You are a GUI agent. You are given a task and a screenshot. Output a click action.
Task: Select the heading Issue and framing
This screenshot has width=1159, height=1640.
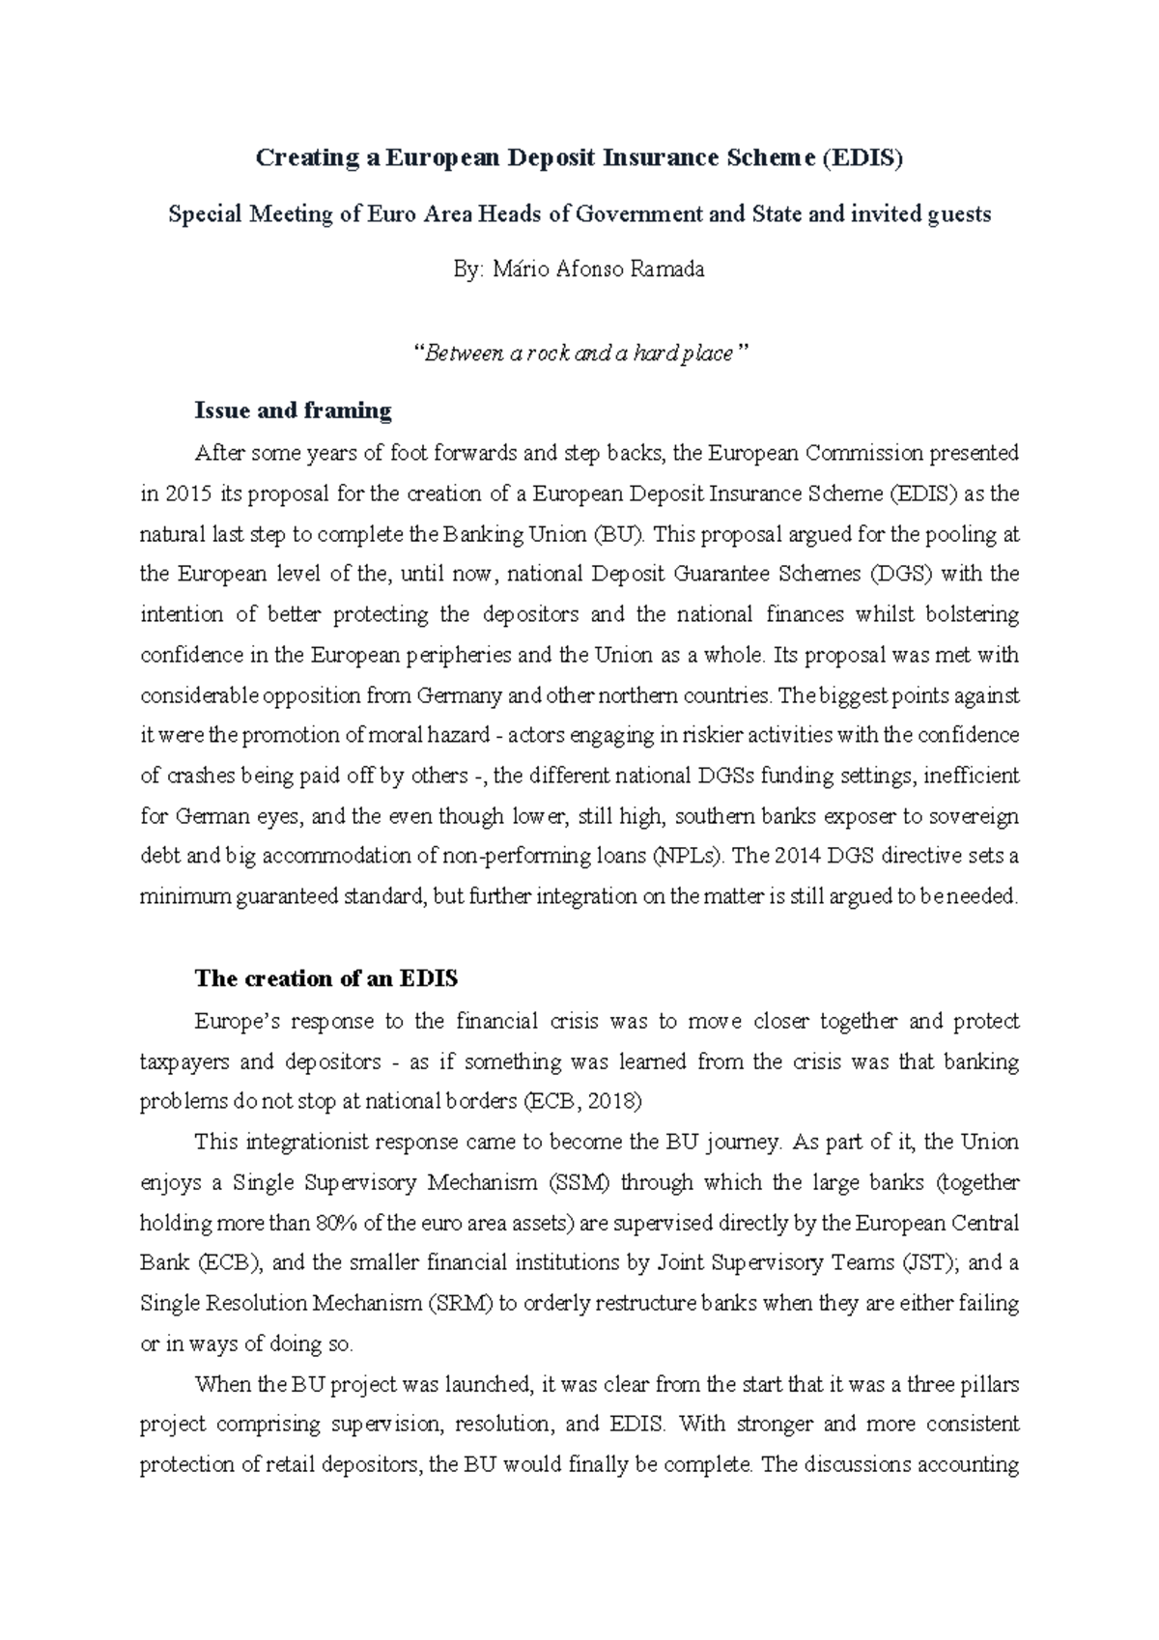(293, 410)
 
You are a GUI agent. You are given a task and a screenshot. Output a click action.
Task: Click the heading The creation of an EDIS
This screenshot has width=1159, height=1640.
(325, 978)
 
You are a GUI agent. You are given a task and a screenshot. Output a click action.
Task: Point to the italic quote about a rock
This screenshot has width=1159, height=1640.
(579, 353)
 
